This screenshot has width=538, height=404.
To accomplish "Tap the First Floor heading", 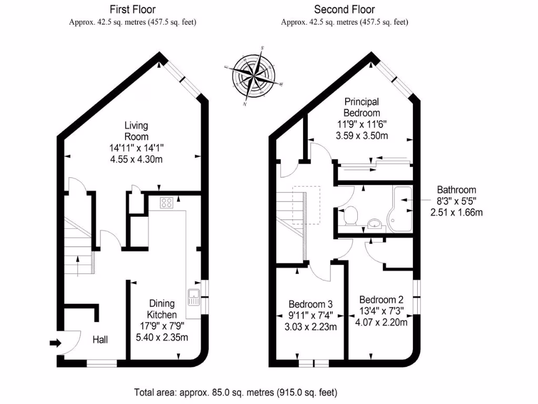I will click(x=132, y=9).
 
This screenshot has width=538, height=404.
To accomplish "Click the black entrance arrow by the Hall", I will click(x=55, y=344).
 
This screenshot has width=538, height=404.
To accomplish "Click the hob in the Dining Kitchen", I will click(x=167, y=203).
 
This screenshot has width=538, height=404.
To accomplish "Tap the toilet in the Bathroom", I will click(x=350, y=215).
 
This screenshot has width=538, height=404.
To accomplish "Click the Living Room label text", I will click(x=136, y=131).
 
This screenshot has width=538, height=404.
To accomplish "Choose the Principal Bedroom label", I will click(x=361, y=107).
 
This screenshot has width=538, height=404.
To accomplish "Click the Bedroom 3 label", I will click(x=311, y=304).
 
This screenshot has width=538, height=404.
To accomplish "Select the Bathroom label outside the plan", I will click(x=456, y=190).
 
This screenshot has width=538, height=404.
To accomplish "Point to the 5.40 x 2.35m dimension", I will click(x=161, y=337).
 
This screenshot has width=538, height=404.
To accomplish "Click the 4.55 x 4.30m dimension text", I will click(x=136, y=159).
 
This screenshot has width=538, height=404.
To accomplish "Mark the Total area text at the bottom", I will click(x=235, y=392).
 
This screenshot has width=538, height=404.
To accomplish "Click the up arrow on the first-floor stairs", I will click(x=78, y=266).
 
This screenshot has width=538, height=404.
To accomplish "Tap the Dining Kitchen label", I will click(x=161, y=309).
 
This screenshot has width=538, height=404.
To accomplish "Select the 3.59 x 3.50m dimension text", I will click(x=361, y=136).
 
